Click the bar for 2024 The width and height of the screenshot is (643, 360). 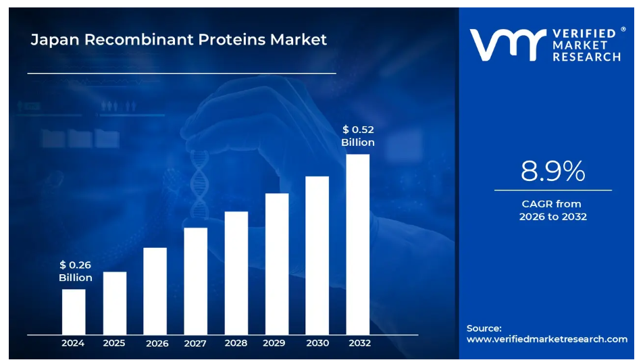(x=74, y=311)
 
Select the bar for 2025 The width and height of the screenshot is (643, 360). (x=114, y=303)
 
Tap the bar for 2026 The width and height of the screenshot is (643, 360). (x=155, y=290)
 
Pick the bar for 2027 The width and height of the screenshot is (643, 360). (x=195, y=280)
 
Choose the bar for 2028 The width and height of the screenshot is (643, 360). (x=236, y=272)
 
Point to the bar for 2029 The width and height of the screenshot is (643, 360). (x=276, y=263)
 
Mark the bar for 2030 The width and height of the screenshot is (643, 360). (x=317, y=255)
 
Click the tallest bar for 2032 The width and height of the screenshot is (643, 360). (x=357, y=244)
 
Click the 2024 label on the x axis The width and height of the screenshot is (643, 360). (x=73, y=343)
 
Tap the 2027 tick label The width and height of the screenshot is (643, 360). (x=195, y=343)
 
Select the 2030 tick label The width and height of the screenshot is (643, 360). (x=317, y=343)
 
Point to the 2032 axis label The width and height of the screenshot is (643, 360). (x=359, y=343)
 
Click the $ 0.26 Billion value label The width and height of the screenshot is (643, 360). (x=75, y=272)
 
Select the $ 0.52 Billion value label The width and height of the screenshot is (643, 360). (x=357, y=136)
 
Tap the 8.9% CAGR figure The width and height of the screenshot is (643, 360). (x=552, y=172)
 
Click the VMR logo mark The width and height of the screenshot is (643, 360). (x=507, y=45)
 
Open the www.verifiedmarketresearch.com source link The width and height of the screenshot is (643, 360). (x=546, y=339)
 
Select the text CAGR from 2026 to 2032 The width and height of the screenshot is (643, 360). (x=552, y=210)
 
